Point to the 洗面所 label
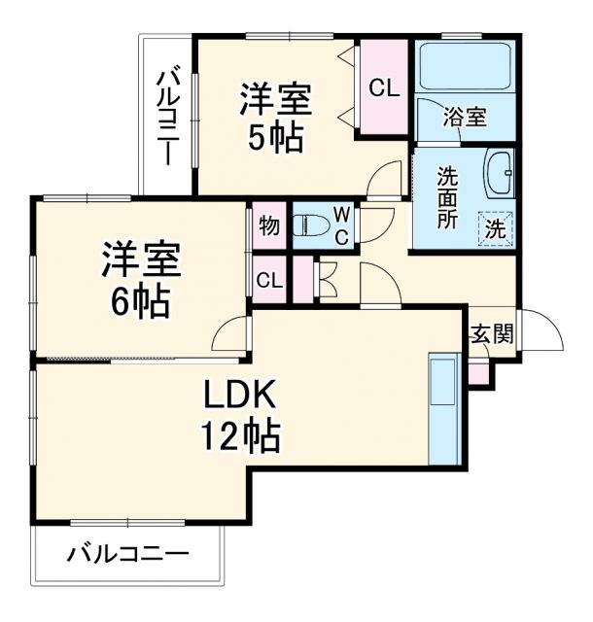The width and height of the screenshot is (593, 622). coord(447,197)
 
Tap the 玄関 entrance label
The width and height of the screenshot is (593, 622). coord(491,336)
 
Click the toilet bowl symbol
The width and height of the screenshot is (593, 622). coord(311,225)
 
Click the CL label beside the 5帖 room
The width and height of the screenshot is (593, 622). coord(383,88)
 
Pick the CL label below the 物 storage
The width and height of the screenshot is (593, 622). coord(269,281)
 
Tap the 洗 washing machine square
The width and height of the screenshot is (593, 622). coord(495,230)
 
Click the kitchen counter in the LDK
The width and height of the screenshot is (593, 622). coord(443,407)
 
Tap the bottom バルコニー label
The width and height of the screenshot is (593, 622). coord(127,557)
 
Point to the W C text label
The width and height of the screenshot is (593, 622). coord(343,225)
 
